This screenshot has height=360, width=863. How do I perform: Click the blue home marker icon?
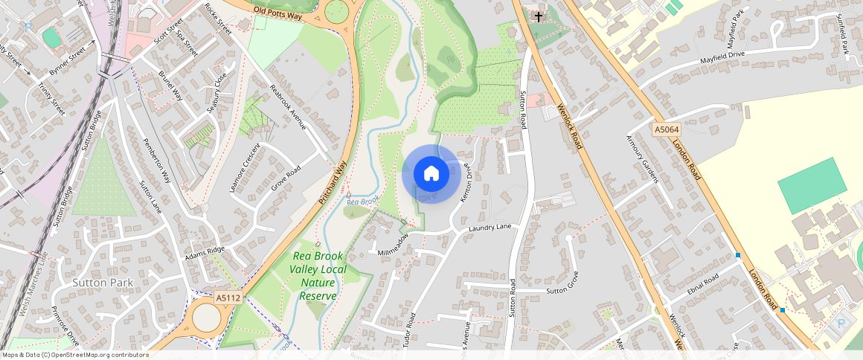[x=431, y=174]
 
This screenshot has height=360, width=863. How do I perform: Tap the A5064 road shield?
[x=667, y=130]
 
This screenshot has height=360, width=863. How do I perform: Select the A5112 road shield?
[x=228, y=298]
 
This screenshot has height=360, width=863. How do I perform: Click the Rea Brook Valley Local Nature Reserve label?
[x=318, y=275]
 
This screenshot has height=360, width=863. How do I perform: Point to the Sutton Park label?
[x=103, y=283]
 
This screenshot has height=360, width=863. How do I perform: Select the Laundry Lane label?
[x=490, y=227]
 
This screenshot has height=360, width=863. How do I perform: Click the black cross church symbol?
[x=538, y=16]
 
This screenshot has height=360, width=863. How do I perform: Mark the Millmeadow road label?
[x=393, y=245]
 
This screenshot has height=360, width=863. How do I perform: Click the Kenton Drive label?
[x=466, y=182]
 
